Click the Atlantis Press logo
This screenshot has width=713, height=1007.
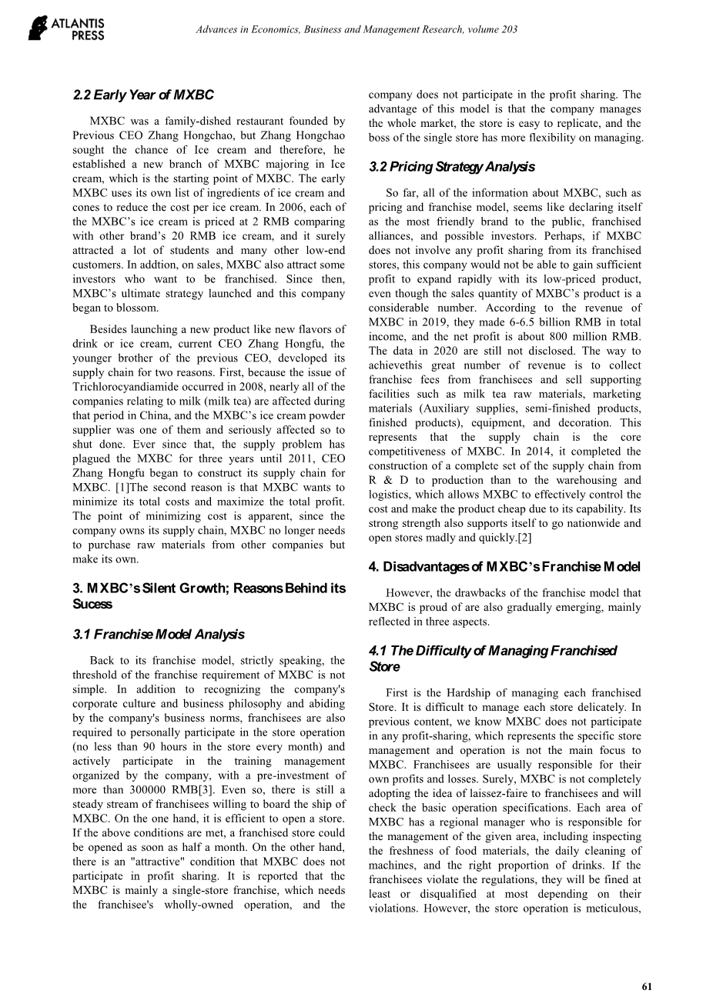(x=66, y=29)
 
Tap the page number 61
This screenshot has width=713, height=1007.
(x=646, y=985)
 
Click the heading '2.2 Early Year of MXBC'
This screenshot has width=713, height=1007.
(x=143, y=95)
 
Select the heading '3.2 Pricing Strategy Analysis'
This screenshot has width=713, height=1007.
(x=451, y=167)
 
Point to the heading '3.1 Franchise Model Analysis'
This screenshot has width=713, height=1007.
(x=158, y=635)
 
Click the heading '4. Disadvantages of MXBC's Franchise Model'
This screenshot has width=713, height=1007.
(x=504, y=567)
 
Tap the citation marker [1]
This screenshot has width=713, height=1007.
(x=142, y=488)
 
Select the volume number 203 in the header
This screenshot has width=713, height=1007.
(x=507, y=30)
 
